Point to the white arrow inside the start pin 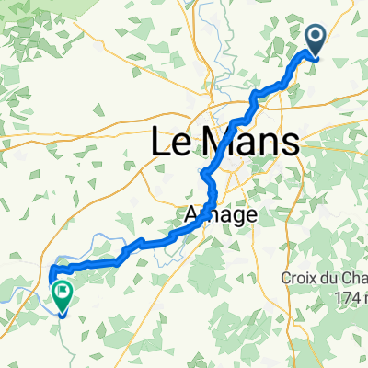(316, 37)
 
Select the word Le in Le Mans (167, 143)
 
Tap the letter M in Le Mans (216, 143)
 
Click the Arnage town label (207, 213)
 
